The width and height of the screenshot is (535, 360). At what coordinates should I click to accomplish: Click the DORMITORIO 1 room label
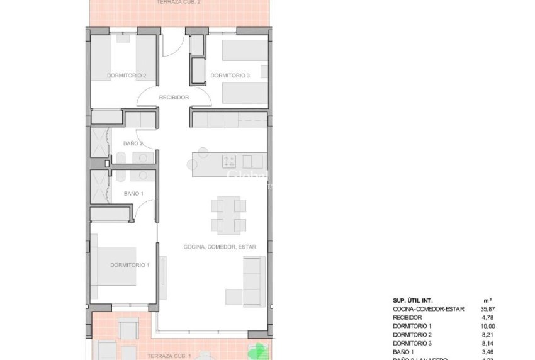pos(130,265)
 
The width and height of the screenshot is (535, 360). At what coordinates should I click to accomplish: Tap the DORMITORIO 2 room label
pos(127,76)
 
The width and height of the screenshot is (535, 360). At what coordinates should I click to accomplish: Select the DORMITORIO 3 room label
pos(230,76)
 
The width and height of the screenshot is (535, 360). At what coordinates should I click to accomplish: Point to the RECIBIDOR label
pos(174,98)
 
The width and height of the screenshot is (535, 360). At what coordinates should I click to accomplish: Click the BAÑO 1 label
pos(133,194)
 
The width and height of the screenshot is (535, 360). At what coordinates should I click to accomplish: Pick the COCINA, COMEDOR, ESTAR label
pos(220,247)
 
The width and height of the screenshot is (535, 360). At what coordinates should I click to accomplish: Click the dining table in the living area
pos(227,215)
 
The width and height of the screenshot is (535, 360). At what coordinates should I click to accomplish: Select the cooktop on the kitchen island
pos(228,160)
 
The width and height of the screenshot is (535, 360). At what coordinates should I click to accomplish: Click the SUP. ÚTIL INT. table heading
pos(413,300)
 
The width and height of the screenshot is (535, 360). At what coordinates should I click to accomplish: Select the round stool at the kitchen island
pos(203,151)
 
